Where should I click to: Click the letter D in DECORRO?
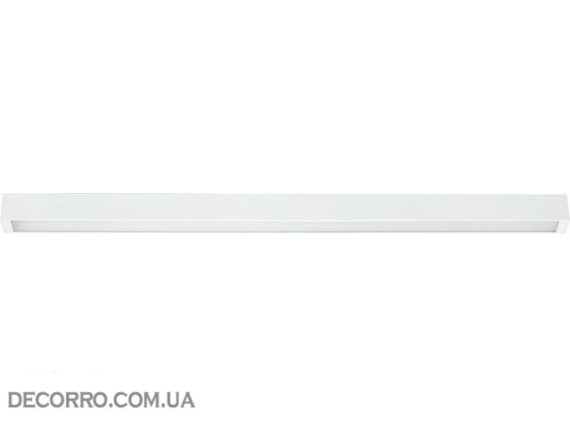pyautogui.click(x=15, y=400)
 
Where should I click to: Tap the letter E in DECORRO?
pyautogui.click(x=29, y=400)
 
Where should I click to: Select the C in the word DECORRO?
pyautogui.click(x=43, y=400)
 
